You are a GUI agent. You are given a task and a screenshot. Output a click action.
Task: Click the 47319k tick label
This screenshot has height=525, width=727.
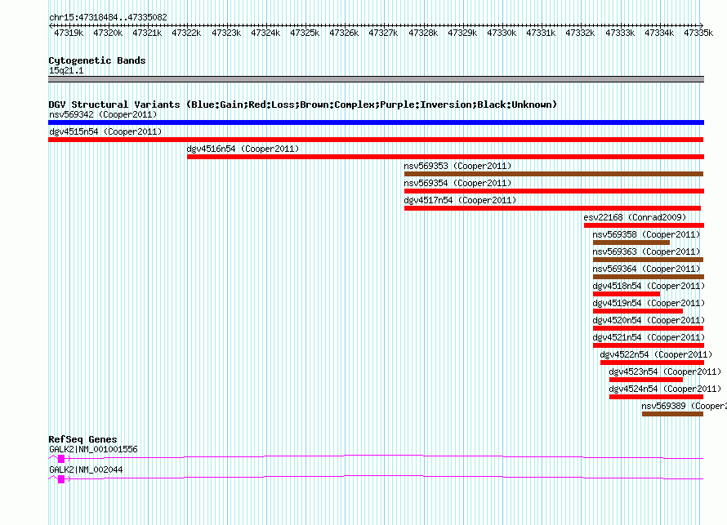pyautogui.click(x=69, y=33)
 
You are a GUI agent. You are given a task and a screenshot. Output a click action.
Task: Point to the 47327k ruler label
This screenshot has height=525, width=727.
pyautogui.click(x=383, y=33)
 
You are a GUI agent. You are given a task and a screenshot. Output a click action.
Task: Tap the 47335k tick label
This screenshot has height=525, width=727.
pyautogui.click(x=698, y=33)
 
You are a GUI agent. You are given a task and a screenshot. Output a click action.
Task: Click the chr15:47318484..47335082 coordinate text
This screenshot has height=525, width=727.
pyautogui.click(x=108, y=18)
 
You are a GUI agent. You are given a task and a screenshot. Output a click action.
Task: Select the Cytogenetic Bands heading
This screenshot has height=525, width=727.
pyautogui.click(x=97, y=60)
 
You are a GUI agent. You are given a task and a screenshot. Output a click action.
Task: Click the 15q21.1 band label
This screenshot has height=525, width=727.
pyautogui.click(x=66, y=70)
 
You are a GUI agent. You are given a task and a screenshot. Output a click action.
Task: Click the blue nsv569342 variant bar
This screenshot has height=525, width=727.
pyautogui.click(x=376, y=122)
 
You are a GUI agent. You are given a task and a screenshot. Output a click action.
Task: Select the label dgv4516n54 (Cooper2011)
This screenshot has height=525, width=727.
pyautogui.click(x=243, y=149)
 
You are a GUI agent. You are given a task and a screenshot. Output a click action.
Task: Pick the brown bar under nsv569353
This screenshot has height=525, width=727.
pyautogui.click(x=554, y=174)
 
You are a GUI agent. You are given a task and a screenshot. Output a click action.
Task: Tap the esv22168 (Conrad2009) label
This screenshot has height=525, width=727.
pyautogui.click(x=635, y=217)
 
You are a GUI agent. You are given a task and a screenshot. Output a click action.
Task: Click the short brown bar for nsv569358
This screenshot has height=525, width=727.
pyautogui.click(x=631, y=242)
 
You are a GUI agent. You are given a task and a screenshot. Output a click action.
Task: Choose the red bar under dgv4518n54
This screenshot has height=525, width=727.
pyautogui.click(x=627, y=294)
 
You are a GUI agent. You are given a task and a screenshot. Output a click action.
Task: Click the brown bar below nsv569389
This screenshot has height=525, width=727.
pyautogui.click(x=673, y=414)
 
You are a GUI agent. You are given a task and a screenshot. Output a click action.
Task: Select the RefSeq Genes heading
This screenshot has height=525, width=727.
pyautogui.click(x=83, y=439)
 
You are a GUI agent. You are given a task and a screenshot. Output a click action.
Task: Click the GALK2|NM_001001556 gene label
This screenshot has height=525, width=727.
pyautogui.click(x=93, y=449)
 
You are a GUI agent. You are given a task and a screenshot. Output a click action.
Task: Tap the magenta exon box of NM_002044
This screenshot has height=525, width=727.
pyautogui.click(x=61, y=479)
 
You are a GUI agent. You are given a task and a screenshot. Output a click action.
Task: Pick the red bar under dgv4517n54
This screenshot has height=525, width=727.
pyautogui.click(x=553, y=208)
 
